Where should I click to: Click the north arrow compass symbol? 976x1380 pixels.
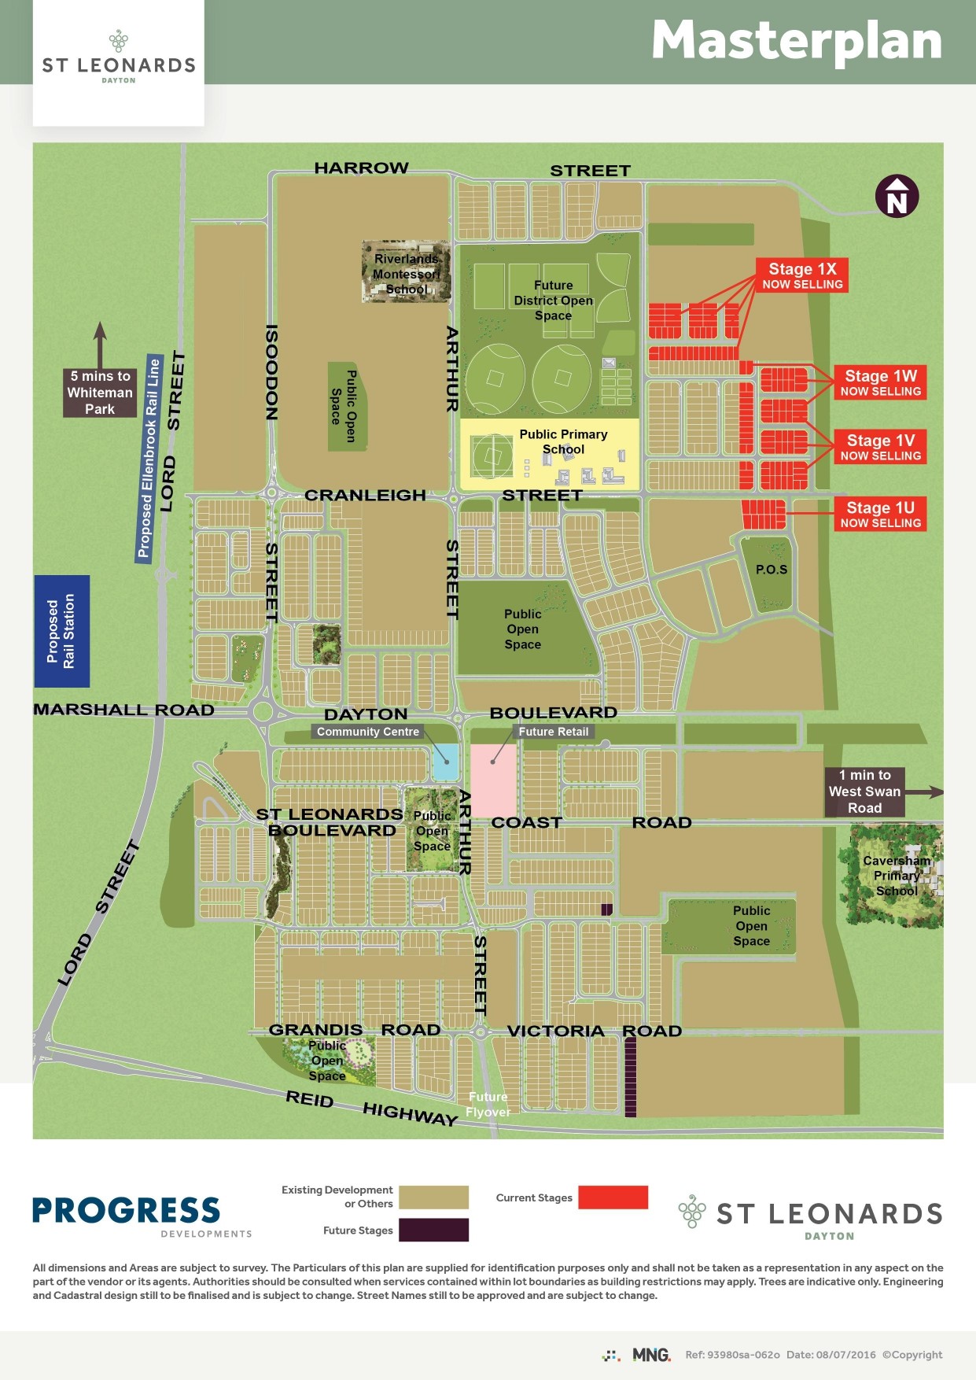(x=897, y=197)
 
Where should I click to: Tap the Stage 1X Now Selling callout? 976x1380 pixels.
(x=801, y=275)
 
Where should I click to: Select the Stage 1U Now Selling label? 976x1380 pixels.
(x=880, y=515)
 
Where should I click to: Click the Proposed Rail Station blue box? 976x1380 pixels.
(x=61, y=631)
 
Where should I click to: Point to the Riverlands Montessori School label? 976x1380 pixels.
(x=407, y=274)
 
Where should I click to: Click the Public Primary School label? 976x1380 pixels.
(x=563, y=441)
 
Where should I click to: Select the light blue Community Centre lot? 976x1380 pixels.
(x=445, y=762)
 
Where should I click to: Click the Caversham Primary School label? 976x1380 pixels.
(x=897, y=876)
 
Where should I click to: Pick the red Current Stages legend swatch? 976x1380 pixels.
(x=613, y=1197)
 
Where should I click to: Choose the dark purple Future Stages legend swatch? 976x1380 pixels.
(x=433, y=1230)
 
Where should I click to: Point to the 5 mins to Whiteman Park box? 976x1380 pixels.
(x=100, y=393)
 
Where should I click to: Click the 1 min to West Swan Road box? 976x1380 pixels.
(x=864, y=791)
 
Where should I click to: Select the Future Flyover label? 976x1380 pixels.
(x=488, y=1105)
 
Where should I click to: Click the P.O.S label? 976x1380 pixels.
(x=771, y=570)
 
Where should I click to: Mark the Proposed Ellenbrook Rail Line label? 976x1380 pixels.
(x=149, y=458)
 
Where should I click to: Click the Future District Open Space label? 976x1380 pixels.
(x=553, y=301)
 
